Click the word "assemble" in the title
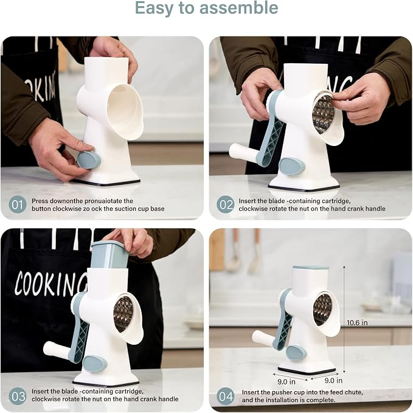click(x=238, y=8)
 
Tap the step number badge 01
click(x=18, y=204)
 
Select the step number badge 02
click(x=226, y=204)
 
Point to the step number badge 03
click(x=18, y=397)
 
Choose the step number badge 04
click(x=226, y=397)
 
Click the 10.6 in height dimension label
click(x=357, y=322)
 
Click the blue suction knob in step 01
click(x=89, y=160)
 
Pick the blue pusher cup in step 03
click(x=109, y=254)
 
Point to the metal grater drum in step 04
click(x=322, y=309)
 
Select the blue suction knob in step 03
click(x=94, y=364)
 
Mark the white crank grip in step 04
click(x=264, y=338)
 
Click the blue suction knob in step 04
click(x=296, y=353)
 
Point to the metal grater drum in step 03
click(x=123, y=313)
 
